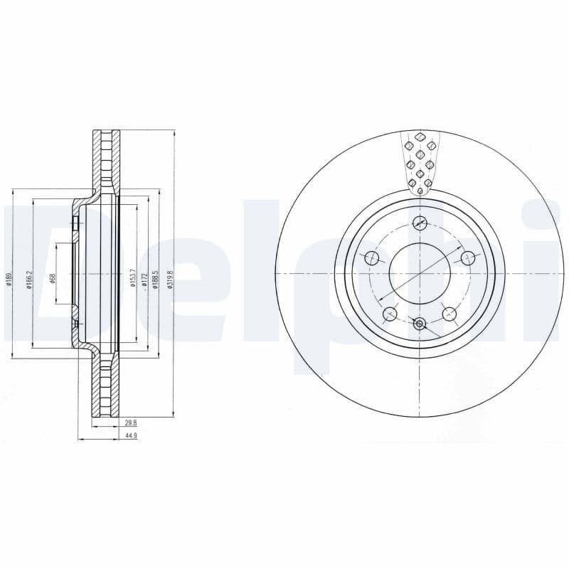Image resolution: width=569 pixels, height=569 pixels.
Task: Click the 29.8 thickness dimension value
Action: pyautogui.click(x=129, y=422)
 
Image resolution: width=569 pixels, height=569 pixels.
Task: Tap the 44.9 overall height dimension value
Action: pyautogui.click(x=129, y=435)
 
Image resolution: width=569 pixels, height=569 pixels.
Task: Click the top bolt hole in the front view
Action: pyautogui.click(x=420, y=223)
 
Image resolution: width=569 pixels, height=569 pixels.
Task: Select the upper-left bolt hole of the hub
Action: pyautogui.click(x=371, y=258)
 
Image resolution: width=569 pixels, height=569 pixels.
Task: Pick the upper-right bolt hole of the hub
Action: pyautogui.click(x=467, y=258)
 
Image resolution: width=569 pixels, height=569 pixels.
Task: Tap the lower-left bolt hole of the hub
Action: pyautogui.click(x=390, y=313)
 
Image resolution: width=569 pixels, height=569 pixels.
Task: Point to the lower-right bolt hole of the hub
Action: pyautogui.click(x=449, y=313)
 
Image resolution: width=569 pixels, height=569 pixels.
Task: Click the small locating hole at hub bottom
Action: pyautogui.click(x=420, y=324)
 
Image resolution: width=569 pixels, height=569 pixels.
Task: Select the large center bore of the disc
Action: pyautogui.click(x=420, y=274)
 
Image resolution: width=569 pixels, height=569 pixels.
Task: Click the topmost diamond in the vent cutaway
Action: pyautogui.click(x=420, y=137)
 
